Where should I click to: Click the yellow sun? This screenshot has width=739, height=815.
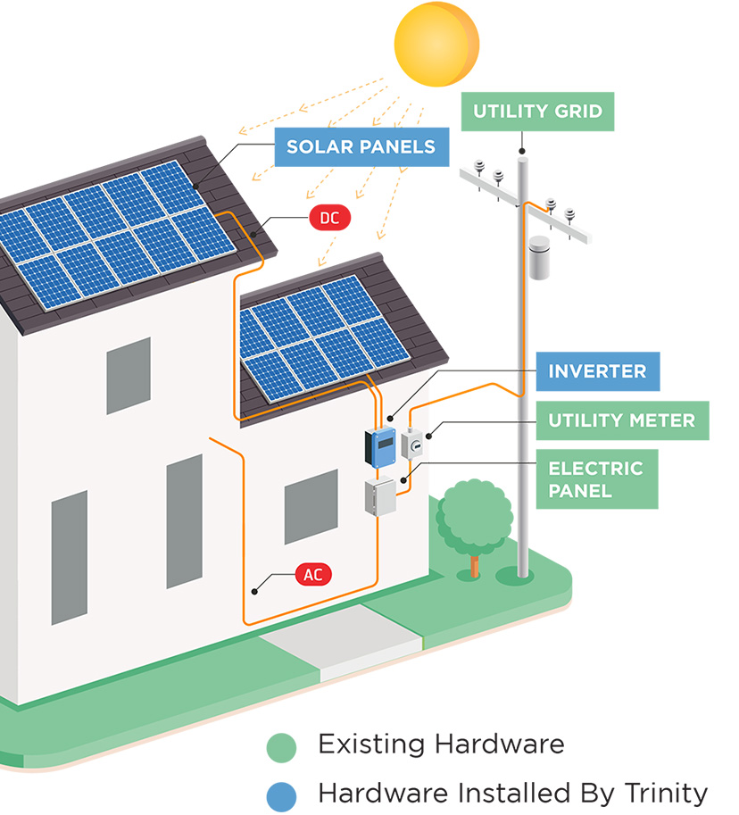[x=436, y=43]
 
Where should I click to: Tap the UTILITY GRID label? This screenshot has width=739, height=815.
[x=537, y=112]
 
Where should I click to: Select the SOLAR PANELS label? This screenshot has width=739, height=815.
[x=361, y=146]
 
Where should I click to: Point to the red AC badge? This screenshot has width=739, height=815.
[x=312, y=575]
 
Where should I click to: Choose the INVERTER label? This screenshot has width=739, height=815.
[x=597, y=371]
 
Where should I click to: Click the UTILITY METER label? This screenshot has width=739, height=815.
[x=621, y=420]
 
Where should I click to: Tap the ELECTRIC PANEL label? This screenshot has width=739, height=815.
[x=595, y=479]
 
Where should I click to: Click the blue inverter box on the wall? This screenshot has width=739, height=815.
[x=380, y=446]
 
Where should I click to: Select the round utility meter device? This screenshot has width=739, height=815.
[x=413, y=444]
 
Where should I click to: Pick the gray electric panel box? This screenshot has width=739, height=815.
[x=379, y=497]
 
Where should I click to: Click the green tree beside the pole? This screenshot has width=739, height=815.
[x=474, y=515]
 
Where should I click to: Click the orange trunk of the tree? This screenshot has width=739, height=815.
[x=474, y=565]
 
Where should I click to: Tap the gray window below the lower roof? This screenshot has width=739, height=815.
[x=311, y=506]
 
